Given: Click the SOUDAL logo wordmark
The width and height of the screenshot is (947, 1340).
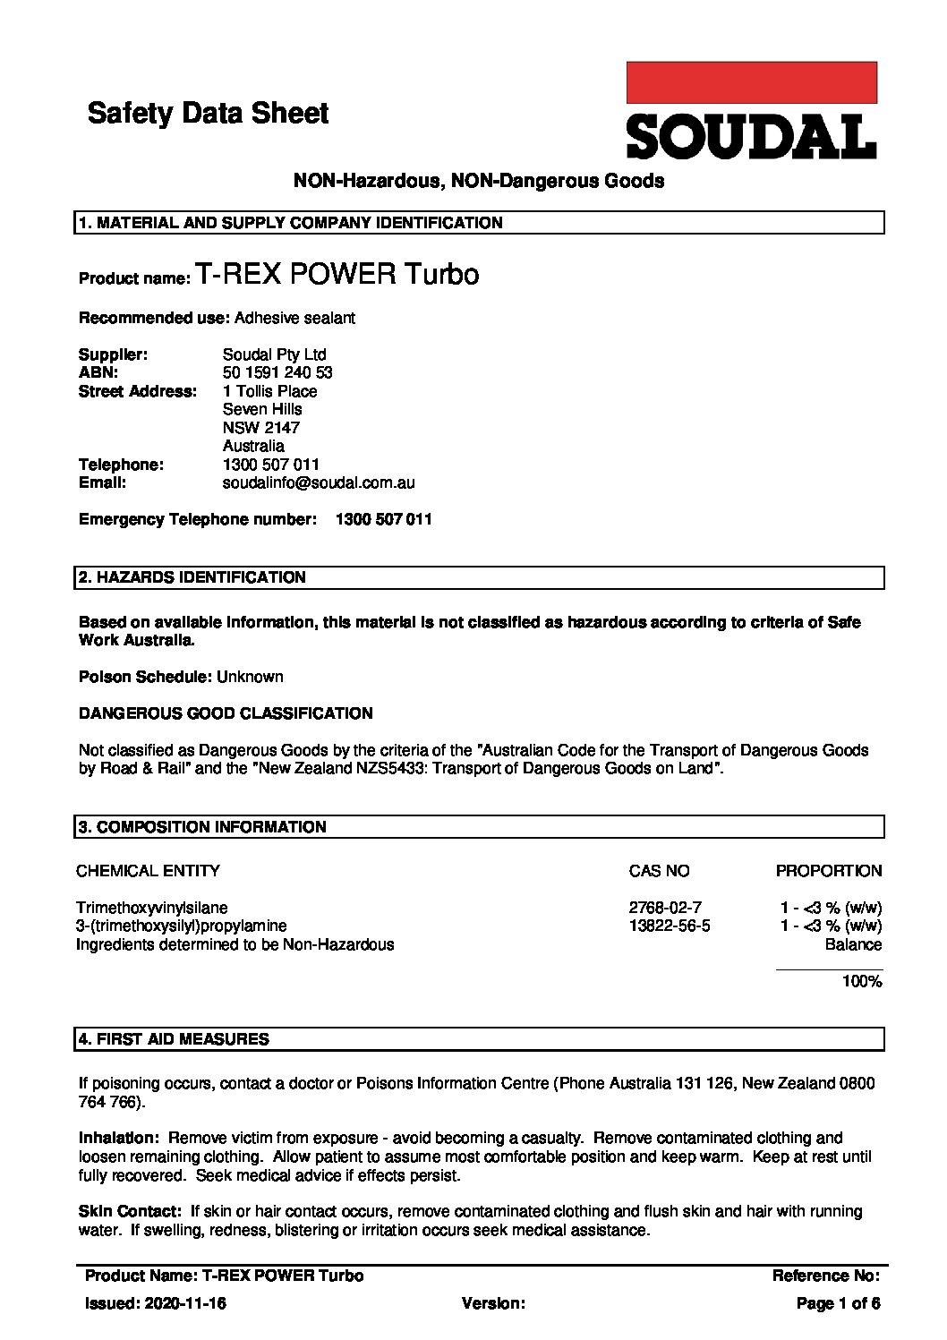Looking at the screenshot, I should coord(750,137).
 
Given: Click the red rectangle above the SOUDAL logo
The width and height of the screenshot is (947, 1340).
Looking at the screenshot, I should coord(750,82).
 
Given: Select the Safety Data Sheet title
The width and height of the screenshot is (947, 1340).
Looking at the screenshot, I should coord(208,114).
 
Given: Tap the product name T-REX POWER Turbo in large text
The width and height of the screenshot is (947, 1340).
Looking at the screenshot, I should coord(337,274).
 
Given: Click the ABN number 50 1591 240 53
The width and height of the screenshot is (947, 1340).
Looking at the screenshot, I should coord(277,372).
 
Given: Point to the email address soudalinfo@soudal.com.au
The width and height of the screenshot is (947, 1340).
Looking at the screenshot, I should coord(318,482).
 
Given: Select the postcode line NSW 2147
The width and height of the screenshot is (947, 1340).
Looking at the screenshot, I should coord(260,428).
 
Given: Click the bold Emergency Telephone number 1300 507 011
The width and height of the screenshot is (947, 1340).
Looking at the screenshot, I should coord(383,519).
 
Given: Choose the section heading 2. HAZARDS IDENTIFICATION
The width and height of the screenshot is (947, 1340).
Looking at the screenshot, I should coord(192,577).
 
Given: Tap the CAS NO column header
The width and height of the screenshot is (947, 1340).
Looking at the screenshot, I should coord(659,871).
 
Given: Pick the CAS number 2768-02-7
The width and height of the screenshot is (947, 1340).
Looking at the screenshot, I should coord(659,908).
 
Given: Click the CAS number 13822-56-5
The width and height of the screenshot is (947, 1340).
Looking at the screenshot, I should coord(669,926).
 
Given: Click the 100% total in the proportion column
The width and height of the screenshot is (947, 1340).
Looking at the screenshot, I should coord(861,982).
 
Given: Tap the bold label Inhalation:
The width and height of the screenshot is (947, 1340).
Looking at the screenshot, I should coord(119,1138).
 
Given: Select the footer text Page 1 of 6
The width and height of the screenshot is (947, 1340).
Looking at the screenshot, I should coord(838,1304).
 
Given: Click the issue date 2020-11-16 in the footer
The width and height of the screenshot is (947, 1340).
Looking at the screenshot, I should coord(184,1304).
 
